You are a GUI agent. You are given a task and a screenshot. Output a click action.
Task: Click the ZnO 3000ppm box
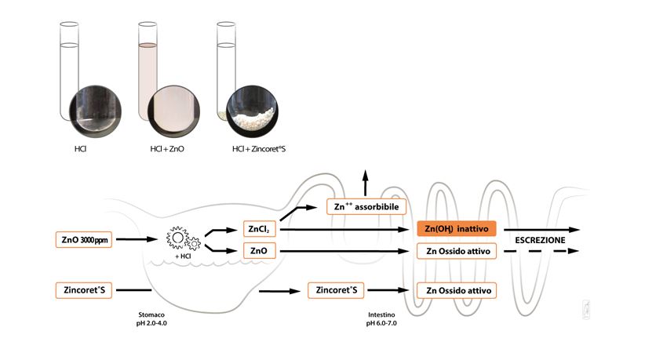84,239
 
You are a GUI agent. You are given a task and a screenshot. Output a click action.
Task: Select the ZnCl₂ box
259,229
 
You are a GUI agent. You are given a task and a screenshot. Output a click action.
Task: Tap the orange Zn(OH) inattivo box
457,228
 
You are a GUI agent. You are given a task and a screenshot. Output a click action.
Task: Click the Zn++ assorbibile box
366,207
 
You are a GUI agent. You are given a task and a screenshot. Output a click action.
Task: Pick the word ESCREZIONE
540,240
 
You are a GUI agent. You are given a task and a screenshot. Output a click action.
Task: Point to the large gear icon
177,237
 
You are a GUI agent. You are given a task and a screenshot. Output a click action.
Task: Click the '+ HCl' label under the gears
183,256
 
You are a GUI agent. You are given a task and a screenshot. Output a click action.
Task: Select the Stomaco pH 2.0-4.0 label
151,319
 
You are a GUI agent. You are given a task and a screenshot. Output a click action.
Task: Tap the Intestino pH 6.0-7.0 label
381,319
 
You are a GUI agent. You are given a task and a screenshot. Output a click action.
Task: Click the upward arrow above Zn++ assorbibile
365,183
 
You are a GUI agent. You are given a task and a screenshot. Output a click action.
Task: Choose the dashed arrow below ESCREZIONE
541,251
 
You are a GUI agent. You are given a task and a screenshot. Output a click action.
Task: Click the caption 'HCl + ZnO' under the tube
167,149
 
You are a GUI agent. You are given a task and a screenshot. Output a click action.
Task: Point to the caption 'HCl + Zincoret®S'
259,149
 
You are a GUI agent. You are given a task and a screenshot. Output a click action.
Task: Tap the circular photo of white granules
252,111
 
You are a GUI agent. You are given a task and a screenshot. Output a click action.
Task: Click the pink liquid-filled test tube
148,72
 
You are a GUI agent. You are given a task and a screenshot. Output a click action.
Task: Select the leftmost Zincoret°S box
84,290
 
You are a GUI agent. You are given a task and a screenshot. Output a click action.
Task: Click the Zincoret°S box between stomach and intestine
336,290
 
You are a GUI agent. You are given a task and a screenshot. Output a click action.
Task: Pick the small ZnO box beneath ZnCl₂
259,251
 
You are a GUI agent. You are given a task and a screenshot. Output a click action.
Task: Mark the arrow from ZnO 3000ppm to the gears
137,239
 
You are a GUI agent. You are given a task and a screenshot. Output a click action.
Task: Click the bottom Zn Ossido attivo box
457,290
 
